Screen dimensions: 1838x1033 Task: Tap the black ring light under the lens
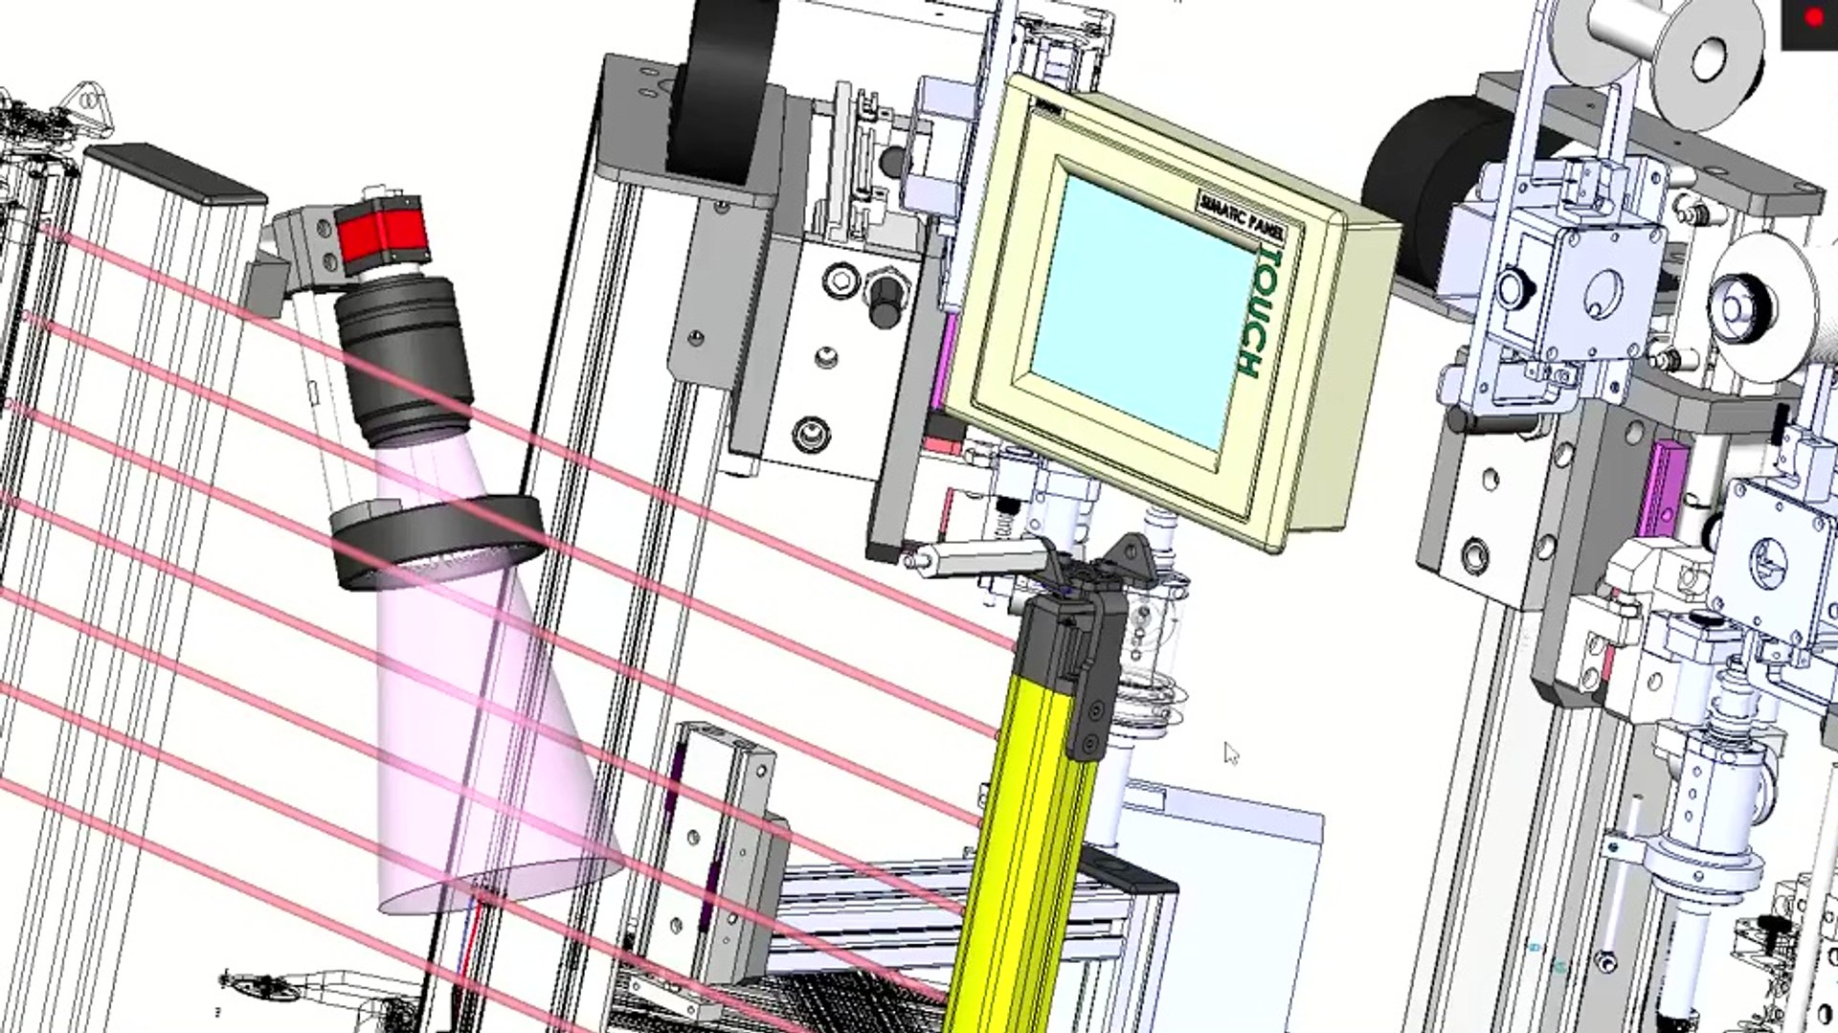click(437, 541)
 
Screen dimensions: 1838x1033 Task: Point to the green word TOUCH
click(1261, 313)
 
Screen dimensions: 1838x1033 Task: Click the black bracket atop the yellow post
click(1087, 651)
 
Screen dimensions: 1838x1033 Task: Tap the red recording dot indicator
click(1813, 18)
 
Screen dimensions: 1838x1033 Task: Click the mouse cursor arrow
click(1231, 753)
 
